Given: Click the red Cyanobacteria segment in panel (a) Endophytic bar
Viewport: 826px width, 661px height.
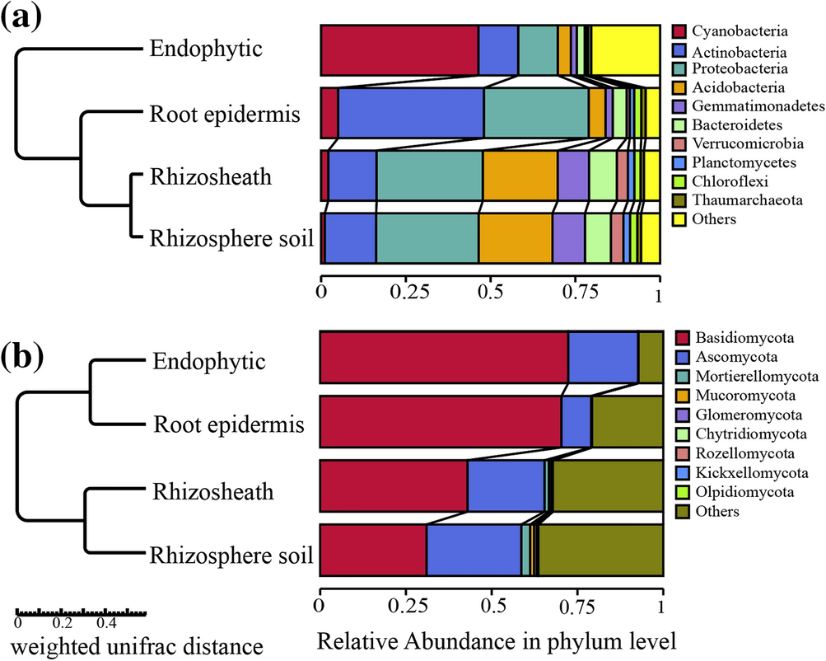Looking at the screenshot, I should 399,50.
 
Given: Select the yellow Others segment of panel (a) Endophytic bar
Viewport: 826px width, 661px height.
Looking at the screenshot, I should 625,50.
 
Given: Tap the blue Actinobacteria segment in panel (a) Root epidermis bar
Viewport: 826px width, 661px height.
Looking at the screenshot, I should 410,112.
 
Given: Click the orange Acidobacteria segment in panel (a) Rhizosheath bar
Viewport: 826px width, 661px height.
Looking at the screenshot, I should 520,176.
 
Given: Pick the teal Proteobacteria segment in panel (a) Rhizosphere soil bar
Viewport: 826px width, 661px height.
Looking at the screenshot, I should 427,237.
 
